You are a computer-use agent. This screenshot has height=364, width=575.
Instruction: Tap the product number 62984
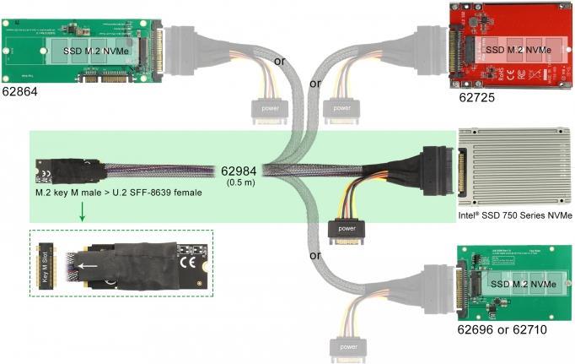pyautogui.click(x=239, y=171)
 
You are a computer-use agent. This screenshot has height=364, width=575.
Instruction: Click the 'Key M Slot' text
pyautogui.click(x=46, y=263)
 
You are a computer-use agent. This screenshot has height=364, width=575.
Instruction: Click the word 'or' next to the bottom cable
pyautogui.click(x=314, y=255)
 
